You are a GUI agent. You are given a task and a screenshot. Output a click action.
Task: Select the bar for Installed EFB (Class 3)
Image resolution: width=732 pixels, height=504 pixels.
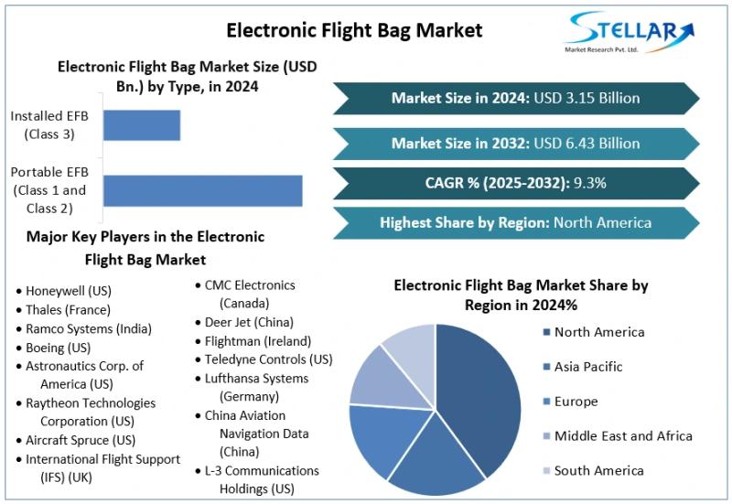click(x=142, y=125)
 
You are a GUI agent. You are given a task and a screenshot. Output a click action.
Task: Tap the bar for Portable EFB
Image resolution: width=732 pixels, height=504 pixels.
click(x=202, y=190)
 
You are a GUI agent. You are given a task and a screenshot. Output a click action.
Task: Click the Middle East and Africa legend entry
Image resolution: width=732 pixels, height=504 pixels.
click(x=622, y=436)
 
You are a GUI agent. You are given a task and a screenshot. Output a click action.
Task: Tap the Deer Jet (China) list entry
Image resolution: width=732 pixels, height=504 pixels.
click(x=248, y=322)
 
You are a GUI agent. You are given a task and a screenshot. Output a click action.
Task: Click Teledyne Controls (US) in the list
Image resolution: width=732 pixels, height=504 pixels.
click(x=267, y=359)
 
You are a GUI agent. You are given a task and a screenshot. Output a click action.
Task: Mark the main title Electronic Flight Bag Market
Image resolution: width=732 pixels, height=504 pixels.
click(x=354, y=30)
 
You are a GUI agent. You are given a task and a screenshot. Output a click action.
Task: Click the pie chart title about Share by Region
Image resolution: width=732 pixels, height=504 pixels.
click(x=521, y=295)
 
